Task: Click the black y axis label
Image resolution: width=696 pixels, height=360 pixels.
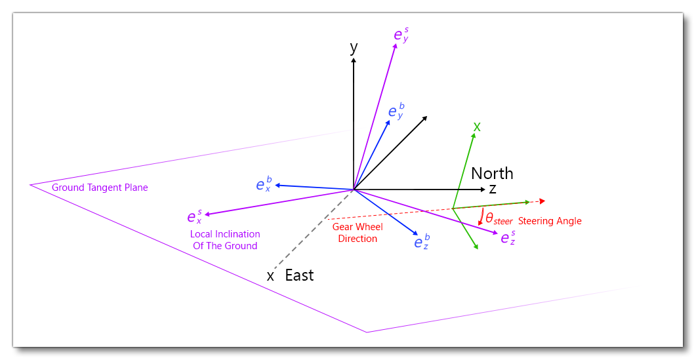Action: tap(354, 47)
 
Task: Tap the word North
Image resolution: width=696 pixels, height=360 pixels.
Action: tap(492, 173)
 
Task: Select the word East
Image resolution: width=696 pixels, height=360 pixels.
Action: tap(299, 275)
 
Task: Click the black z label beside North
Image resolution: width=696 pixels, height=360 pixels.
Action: tap(492, 190)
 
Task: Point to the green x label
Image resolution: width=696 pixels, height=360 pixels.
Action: tap(477, 127)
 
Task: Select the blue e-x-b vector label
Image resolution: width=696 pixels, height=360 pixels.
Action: tap(263, 184)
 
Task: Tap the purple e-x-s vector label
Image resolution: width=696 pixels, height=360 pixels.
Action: tap(194, 217)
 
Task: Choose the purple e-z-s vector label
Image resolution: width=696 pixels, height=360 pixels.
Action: tap(508, 237)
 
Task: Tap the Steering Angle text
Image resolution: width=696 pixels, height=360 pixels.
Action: tap(550, 221)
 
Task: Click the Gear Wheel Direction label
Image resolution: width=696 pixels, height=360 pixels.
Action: tap(358, 233)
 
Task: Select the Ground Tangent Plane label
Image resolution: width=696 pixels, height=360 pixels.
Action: tap(100, 188)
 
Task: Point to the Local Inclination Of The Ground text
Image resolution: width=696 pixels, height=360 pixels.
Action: tap(225, 240)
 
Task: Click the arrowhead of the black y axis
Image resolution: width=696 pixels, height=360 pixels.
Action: tap(354, 60)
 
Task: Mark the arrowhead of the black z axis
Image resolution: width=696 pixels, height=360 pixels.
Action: tap(483, 190)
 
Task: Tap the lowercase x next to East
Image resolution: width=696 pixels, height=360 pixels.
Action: tap(270, 276)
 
